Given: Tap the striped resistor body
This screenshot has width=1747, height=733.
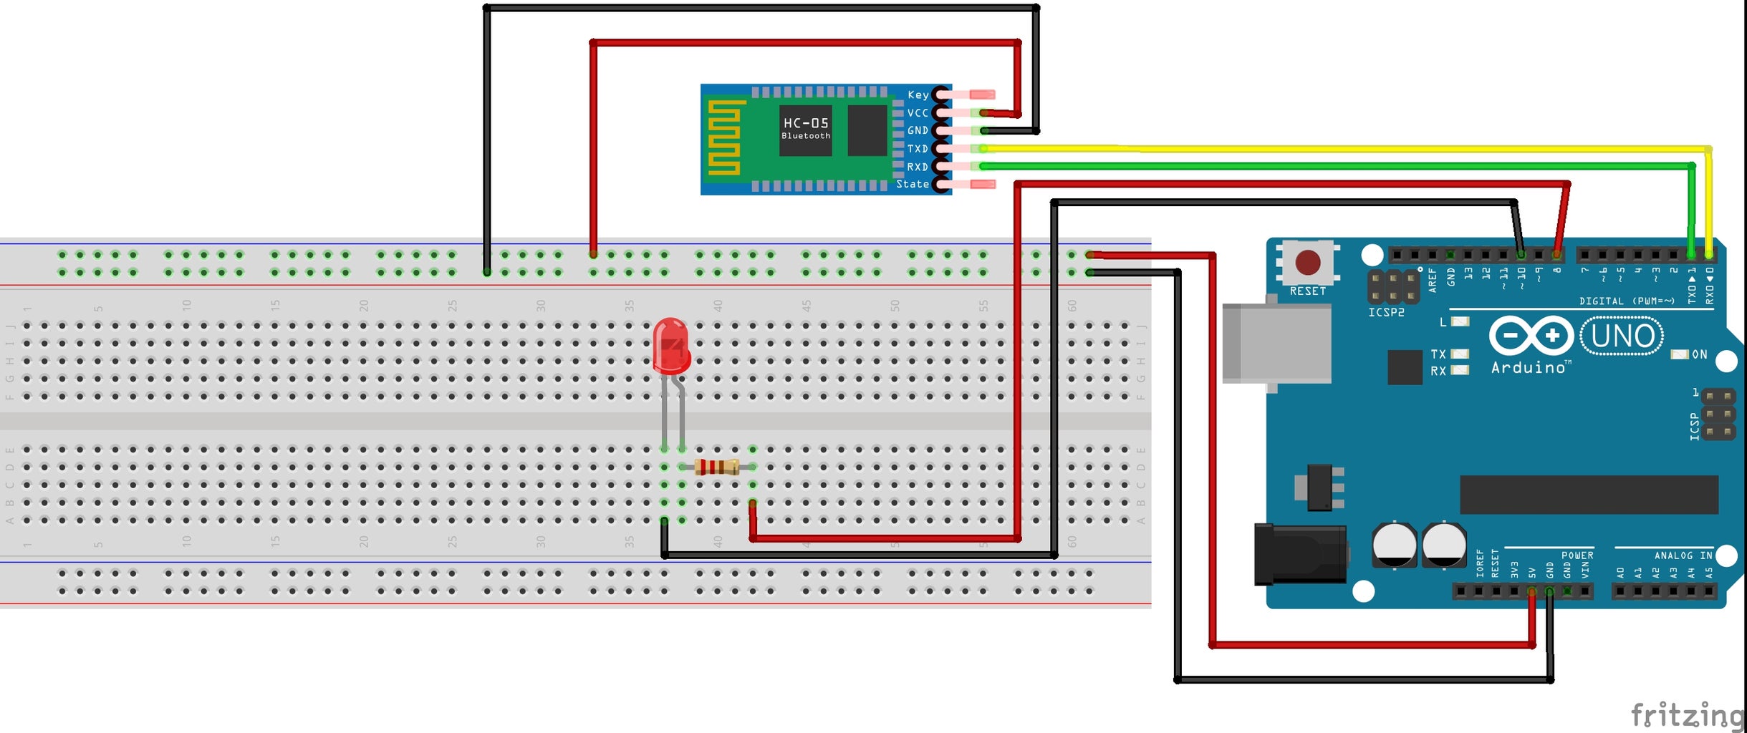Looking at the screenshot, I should (716, 467).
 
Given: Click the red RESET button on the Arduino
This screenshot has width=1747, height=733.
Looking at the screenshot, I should (1308, 263).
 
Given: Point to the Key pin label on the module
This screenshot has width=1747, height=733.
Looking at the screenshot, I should (918, 95).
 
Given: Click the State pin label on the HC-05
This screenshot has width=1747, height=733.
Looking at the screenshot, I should (912, 185).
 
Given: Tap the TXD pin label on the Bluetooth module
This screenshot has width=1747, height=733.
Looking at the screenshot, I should (917, 149).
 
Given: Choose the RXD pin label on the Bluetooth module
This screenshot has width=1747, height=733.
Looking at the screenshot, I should (917, 167).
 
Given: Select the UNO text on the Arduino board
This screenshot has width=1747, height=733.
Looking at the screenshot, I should (1622, 336).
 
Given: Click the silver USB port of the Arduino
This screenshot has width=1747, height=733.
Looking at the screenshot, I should (1276, 343).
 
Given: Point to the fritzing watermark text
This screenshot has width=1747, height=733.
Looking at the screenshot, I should (1686, 714).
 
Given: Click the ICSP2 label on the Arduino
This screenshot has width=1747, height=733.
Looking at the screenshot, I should (1386, 313).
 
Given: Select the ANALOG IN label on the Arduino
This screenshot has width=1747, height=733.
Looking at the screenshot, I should (1683, 555).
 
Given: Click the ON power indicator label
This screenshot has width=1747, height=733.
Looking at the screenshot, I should (1699, 354).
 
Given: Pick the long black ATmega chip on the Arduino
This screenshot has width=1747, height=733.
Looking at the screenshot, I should (1588, 494).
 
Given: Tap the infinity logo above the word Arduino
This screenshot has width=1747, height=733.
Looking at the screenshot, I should (1531, 335).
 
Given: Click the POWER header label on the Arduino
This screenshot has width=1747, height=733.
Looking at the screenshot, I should (1577, 555).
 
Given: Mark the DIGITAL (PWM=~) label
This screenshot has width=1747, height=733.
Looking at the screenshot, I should (1627, 301).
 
